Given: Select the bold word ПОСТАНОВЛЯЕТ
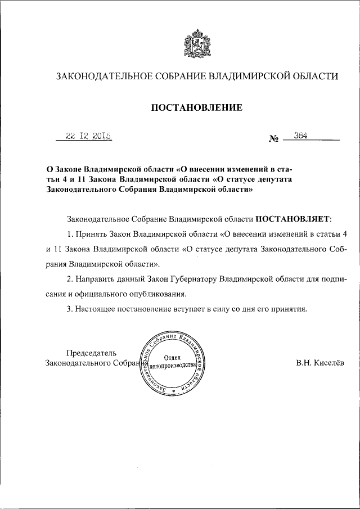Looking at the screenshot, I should (294, 217).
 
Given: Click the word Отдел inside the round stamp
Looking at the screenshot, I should (172, 357).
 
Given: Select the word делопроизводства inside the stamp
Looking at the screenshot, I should (172, 366).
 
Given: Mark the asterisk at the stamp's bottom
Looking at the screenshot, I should (174, 389).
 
